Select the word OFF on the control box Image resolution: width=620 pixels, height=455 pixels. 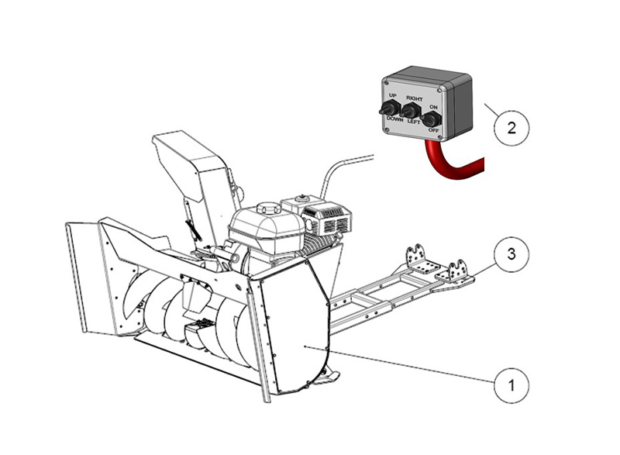[434, 131]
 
